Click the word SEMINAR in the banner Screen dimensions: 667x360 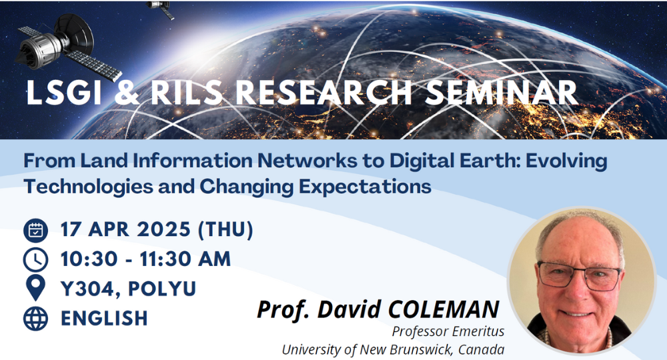coord(501,92)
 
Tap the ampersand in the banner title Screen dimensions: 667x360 coord(127,92)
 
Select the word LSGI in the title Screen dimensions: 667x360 coord(63,92)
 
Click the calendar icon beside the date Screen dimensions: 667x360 coord(36,230)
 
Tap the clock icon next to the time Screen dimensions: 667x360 coord(36,260)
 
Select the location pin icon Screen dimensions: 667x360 coord(36,288)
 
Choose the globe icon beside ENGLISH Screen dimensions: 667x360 coord(36,319)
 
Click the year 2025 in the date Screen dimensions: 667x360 coord(164,229)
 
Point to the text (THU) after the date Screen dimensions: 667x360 coord(225,229)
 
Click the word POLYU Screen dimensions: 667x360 coord(162,289)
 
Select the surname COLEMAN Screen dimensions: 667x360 coord(444,309)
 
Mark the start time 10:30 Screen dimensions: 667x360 coord(89,259)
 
